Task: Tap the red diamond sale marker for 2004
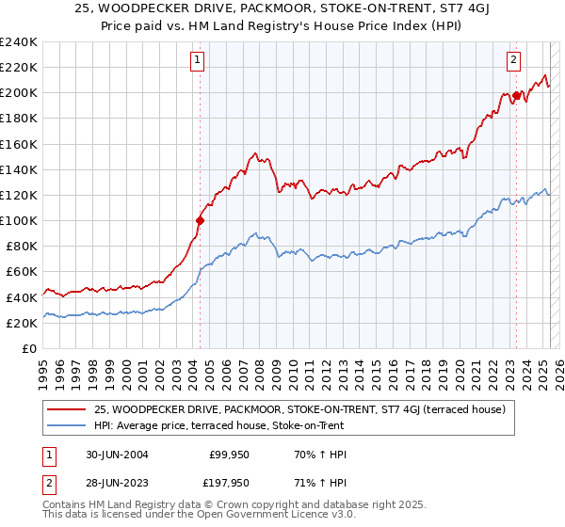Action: coord(200,221)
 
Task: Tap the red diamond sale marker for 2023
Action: coord(517,95)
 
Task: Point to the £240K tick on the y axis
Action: coord(20,42)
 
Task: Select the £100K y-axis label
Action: coord(20,220)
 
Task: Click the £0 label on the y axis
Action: coord(29,348)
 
